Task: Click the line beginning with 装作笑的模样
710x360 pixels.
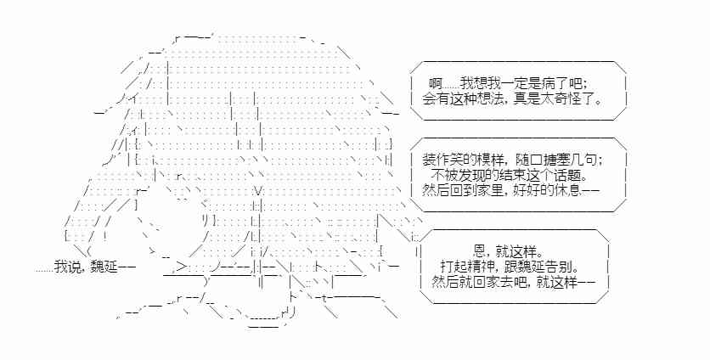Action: coord(514,159)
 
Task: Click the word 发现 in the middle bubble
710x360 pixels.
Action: coord(470,175)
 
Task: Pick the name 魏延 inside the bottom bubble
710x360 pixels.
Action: coord(539,267)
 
